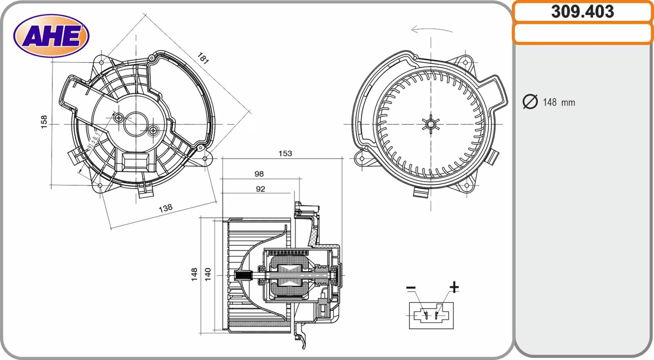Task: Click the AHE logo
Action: pyautogui.click(x=51, y=36)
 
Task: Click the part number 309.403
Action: pyautogui.click(x=582, y=11)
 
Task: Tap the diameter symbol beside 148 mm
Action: pyautogui.click(x=530, y=101)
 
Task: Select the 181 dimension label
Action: pyautogui.click(x=203, y=58)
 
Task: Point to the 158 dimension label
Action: pyautogui.click(x=44, y=122)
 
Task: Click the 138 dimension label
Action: pyautogui.click(x=166, y=208)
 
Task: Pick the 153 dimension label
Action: pyautogui.click(x=285, y=153)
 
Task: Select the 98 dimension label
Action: pyautogui.click(x=259, y=174)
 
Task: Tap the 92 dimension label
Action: pyautogui.click(x=260, y=189)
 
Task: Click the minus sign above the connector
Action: pyautogui.click(x=411, y=288)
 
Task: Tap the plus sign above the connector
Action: pyautogui.click(x=454, y=287)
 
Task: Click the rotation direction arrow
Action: pyautogui.click(x=432, y=29)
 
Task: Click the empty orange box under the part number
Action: pyautogui.click(x=582, y=34)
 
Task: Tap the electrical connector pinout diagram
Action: pyautogui.click(x=431, y=315)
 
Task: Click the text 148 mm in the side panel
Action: pyautogui.click(x=559, y=102)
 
